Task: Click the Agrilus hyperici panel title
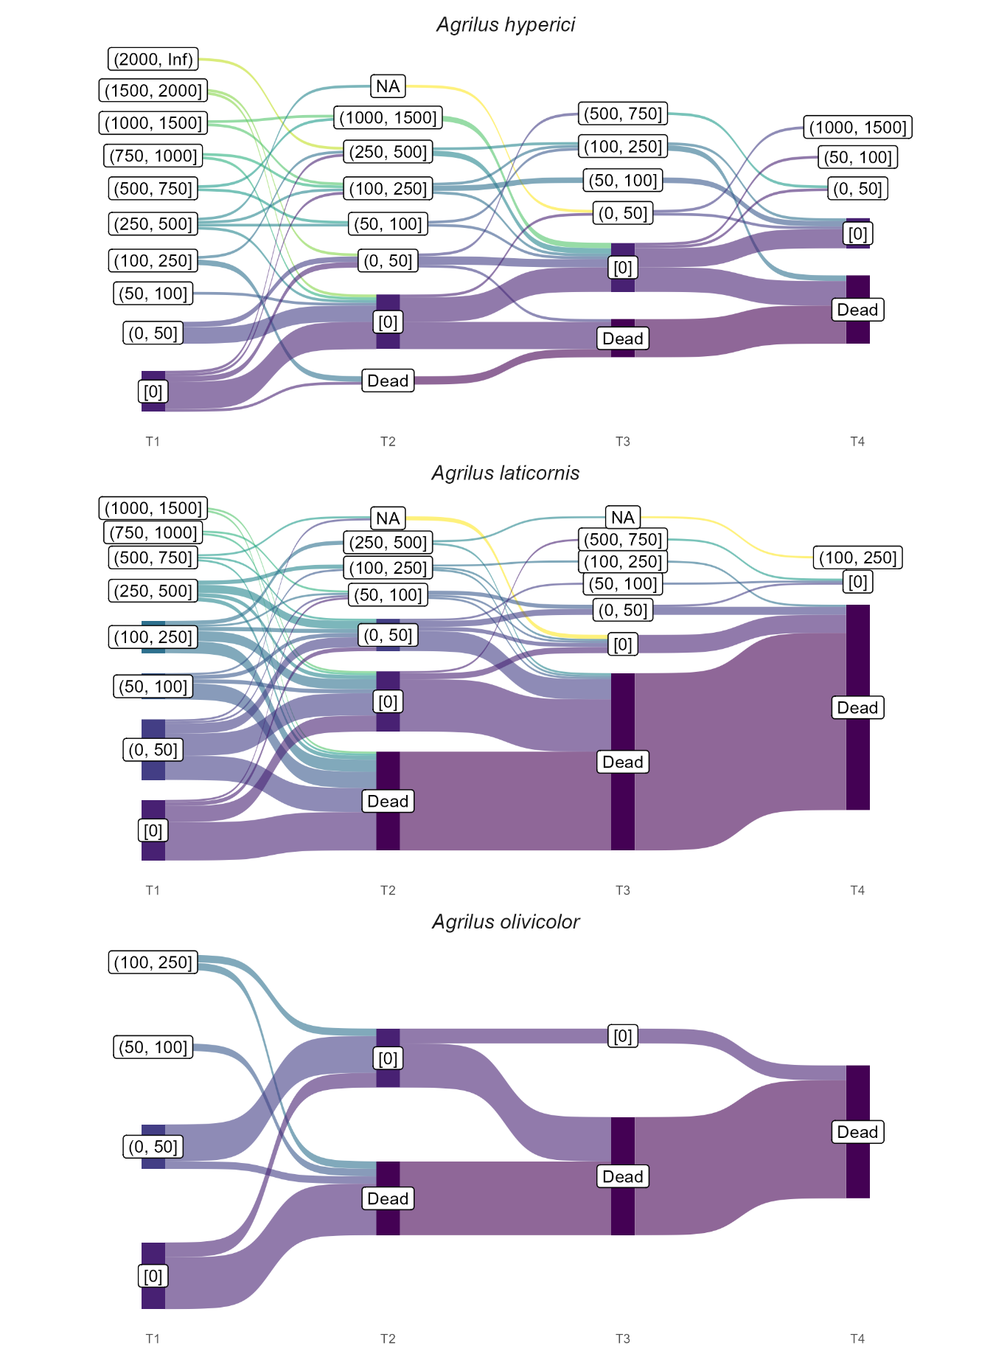pyautogui.click(x=506, y=24)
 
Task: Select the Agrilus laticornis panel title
pyautogui.click(x=506, y=473)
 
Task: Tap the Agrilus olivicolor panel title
pyautogui.click(x=506, y=922)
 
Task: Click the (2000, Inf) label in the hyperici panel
pyautogui.click(x=153, y=59)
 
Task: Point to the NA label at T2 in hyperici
pyautogui.click(x=388, y=86)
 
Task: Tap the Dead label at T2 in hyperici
pyautogui.click(x=388, y=381)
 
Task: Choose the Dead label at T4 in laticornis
pyautogui.click(x=857, y=707)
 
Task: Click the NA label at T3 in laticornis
pyautogui.click(x=623, y=517)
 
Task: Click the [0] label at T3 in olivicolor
pyautogui.click(x=623, y=1036)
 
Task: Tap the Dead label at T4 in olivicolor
pyautogui.click(x=857, y=1132)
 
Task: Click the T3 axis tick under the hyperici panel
pyautogui.click(x=623, y=441)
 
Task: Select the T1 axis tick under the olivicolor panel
pyautogui.click(x=153, y=1339)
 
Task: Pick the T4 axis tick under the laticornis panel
pyautogui.click(x=857, y=890)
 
